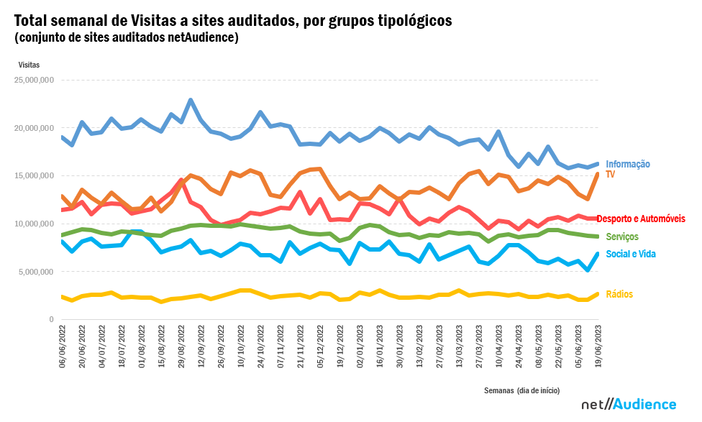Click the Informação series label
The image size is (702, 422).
(627, 164)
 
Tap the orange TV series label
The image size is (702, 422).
(611, 174)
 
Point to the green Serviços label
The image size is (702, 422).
(622, 237)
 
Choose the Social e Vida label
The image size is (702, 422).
(631, 254)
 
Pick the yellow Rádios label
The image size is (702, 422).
(619, 294)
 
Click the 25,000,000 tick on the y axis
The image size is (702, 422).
(35, 80)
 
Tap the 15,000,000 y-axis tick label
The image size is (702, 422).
(35, 176)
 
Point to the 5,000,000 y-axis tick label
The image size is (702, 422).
(37, 272)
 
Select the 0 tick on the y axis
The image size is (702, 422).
(52, 319)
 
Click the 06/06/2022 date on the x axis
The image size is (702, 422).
(63, 348)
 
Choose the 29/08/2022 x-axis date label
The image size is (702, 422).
(181, 348)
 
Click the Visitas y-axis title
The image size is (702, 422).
(29, 65)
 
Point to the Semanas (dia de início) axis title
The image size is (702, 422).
(521, 390)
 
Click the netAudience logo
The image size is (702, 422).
(629, 404)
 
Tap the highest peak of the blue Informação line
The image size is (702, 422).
(191, 100)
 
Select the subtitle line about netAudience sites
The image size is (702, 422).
(126, 37)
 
